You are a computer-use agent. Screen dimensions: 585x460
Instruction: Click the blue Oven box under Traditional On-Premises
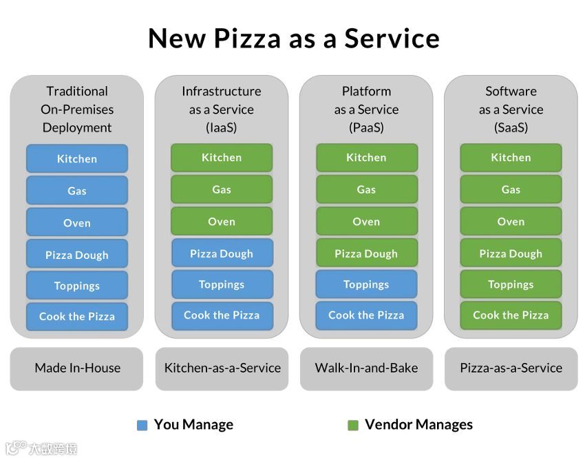click(77, 222)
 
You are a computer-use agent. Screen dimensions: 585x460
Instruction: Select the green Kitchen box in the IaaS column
click(222, 158)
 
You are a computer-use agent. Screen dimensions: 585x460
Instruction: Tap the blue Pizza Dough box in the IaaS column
click(222, 253)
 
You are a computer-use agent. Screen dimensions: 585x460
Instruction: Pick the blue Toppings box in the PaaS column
click(366, 284)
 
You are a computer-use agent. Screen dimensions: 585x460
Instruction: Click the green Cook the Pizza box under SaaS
click(511, 315)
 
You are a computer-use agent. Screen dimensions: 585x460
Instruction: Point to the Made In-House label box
click(77, 368)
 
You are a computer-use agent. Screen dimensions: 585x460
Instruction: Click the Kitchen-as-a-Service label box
click(222, 368)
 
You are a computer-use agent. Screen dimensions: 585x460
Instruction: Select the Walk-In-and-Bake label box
click(366, 368)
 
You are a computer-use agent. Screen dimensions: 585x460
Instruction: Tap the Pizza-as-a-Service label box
click(511, 368)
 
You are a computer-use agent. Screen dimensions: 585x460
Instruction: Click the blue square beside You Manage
click(142, 426)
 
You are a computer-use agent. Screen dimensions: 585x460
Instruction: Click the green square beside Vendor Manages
click(353, 426)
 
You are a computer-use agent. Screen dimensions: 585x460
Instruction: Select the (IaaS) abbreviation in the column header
click(222, 127)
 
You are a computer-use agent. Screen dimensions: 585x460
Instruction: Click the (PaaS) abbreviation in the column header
click(366, 127)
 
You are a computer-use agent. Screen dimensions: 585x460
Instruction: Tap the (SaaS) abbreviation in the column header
click(511, 127)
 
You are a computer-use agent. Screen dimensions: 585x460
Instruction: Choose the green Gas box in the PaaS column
click(366, 189)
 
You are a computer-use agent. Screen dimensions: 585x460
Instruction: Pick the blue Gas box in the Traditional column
click(77, 191)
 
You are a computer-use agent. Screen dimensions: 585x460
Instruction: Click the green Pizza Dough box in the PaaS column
click(366, 253)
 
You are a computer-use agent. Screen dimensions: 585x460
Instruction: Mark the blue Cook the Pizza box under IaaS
click(222, 315)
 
